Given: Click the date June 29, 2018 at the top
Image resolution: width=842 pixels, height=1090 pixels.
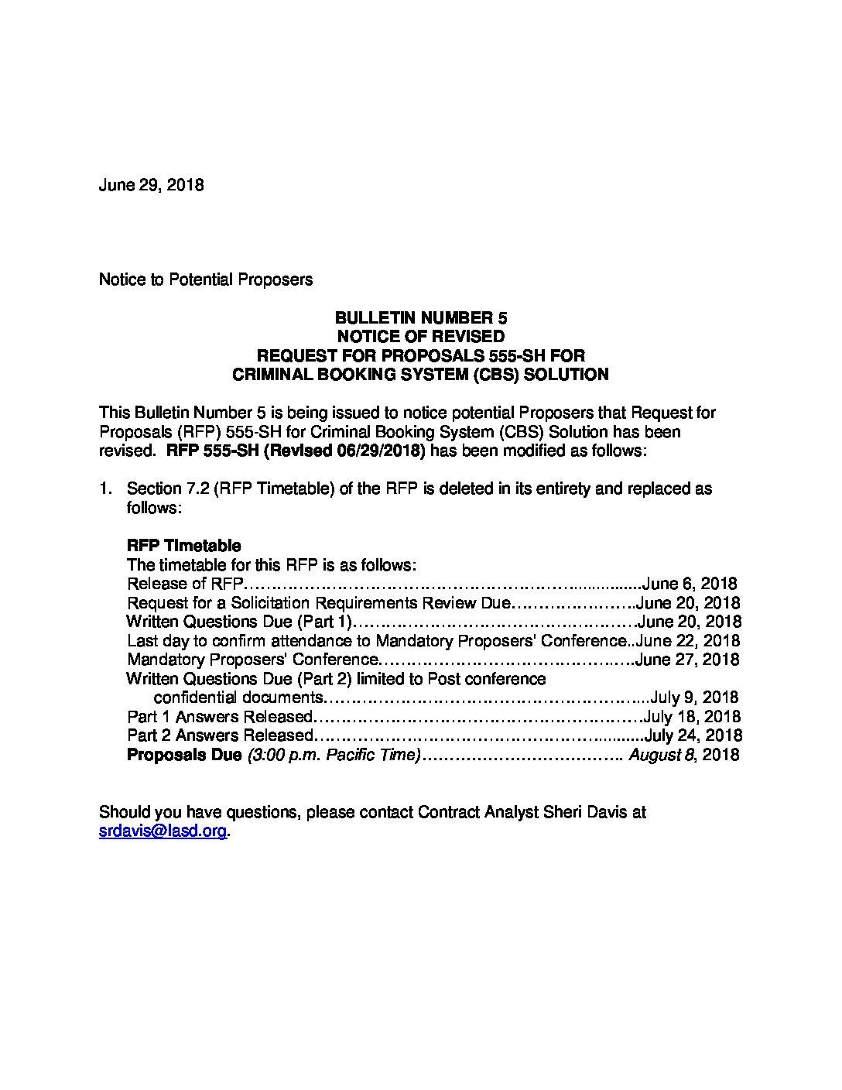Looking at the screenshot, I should pyautogui.click(x=151, y=186).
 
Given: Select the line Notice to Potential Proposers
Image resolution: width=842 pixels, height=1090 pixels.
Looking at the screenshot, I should pyautogui.click(x=206, y=279).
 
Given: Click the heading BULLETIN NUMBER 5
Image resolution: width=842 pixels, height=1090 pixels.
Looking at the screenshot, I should pyautogui.click(x=420, y=318).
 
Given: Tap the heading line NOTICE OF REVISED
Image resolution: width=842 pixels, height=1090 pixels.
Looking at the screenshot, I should pyautogui.click(x=420, y=337).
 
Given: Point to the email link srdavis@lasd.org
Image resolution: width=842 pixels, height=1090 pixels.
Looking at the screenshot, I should pyautogui.click(x=163, y=831).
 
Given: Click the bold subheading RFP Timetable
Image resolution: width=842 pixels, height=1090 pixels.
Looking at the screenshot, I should pyautogui.click(x=183, y=546).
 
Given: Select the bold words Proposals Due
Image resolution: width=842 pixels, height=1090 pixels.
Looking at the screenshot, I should pyautogui.click(x=184, y=755).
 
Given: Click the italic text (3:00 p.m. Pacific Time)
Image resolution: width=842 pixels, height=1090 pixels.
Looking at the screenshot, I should pyautogui.click(x=334, y=755).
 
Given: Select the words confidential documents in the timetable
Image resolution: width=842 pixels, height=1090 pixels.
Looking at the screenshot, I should pyautogui.click(x=236, y=698).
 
